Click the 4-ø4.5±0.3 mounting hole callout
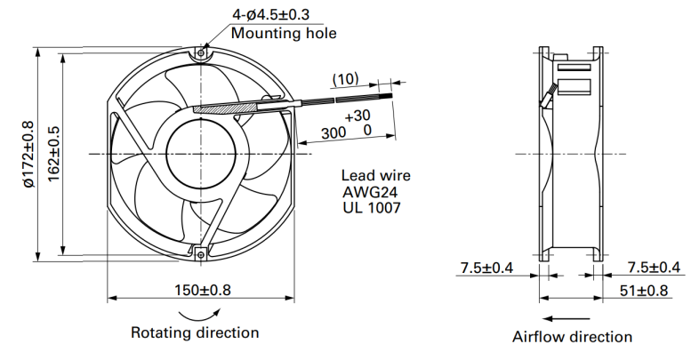(271, 14)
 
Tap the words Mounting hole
(284, 33)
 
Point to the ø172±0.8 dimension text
(28, 155)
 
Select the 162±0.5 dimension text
(53, 154)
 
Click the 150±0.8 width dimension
(203, 290)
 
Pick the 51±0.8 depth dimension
(644, 291)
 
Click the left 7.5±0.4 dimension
(486, 268)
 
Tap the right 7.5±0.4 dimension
(654, 268)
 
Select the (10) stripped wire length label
(345, 79)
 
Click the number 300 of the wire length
(333, 132)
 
